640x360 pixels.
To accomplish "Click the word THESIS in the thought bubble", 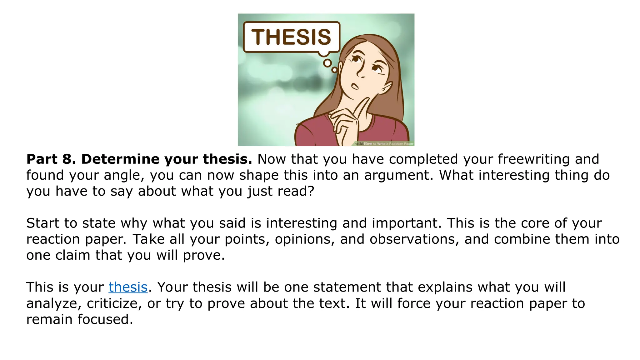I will (291, 37).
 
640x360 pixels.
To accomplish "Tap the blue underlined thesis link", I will (128, 287).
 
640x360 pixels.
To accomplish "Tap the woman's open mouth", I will (355, 86).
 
